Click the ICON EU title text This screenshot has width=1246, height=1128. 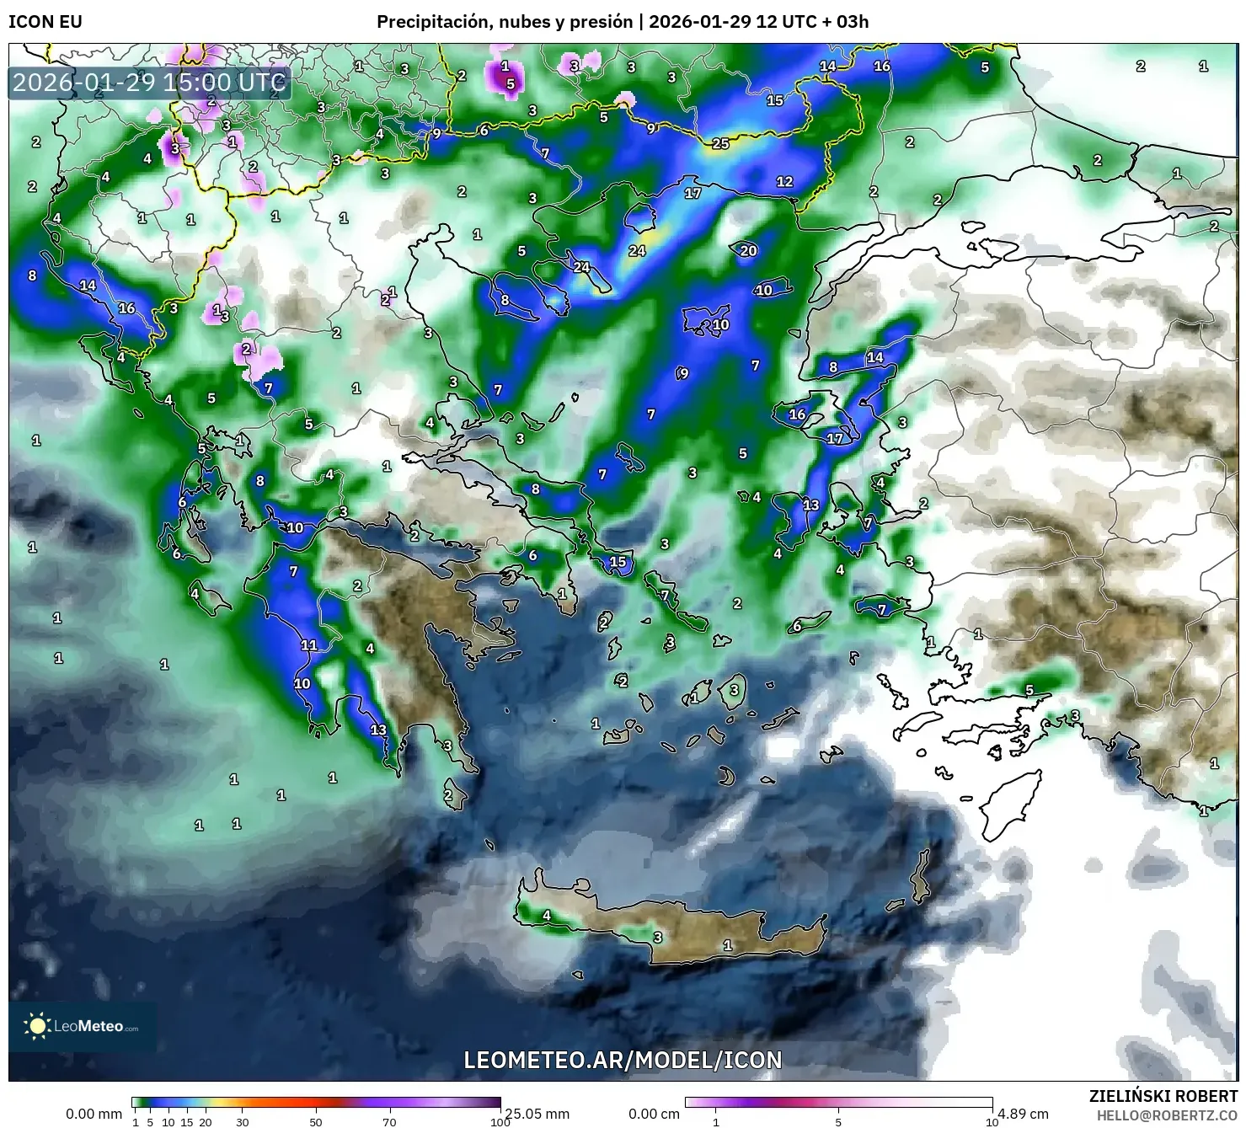(45, 21)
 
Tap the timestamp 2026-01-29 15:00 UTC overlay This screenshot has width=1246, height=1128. (149, 83)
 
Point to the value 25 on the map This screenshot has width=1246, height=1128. (720, 144)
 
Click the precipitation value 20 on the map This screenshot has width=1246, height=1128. (748, 250)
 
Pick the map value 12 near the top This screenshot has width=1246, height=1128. (784, 181)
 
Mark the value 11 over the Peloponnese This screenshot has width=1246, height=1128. (309, 645)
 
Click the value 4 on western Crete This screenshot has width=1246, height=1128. (547, 916)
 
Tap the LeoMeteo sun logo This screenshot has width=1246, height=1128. (37, 1025)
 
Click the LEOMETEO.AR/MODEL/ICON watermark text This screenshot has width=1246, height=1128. (623, 1060)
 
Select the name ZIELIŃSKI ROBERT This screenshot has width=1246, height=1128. (1163, 1097)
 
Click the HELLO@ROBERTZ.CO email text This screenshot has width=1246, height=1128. (1167, 1115)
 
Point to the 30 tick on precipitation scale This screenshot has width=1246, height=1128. (243, 1121)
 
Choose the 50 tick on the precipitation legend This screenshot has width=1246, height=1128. (316, 1121)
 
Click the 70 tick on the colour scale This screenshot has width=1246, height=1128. (389, 1121)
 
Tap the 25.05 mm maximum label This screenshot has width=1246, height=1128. (537, 1114)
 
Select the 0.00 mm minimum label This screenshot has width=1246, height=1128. (94, 1114)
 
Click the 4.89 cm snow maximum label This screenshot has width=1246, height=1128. (1023, 1114)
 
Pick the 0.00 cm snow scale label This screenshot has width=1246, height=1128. (654, 1114)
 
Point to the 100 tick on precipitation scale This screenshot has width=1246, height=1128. (500, 1121)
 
